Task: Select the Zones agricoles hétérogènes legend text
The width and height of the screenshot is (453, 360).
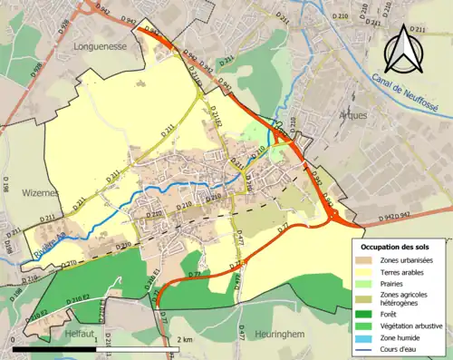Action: pos(407,299)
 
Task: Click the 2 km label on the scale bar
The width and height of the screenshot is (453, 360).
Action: pos(184,339)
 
